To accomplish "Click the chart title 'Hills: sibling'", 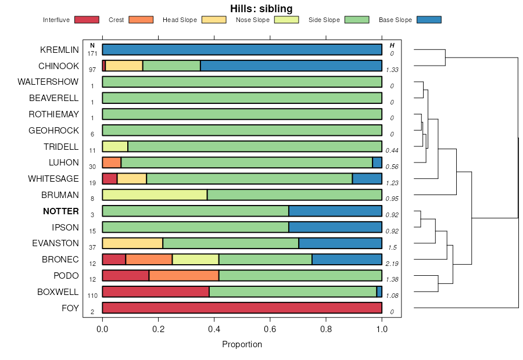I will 261,8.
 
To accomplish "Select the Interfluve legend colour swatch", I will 86,20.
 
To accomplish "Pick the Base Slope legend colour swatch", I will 429,20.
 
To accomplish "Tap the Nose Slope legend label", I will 252,20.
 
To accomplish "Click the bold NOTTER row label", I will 60,211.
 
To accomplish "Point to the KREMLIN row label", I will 59,50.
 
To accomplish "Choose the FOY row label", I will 70,308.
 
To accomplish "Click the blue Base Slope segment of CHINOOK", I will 291,66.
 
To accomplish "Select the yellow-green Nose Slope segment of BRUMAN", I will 155,195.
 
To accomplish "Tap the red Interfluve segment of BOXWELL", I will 156,291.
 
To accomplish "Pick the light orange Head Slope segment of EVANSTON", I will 132,243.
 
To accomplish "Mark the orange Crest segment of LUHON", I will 112,163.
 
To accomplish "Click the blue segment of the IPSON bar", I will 335,227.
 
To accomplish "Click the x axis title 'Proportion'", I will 242,344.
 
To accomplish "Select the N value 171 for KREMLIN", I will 92,53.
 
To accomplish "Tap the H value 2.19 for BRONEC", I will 392,264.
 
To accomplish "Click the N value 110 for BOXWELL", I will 92,296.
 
